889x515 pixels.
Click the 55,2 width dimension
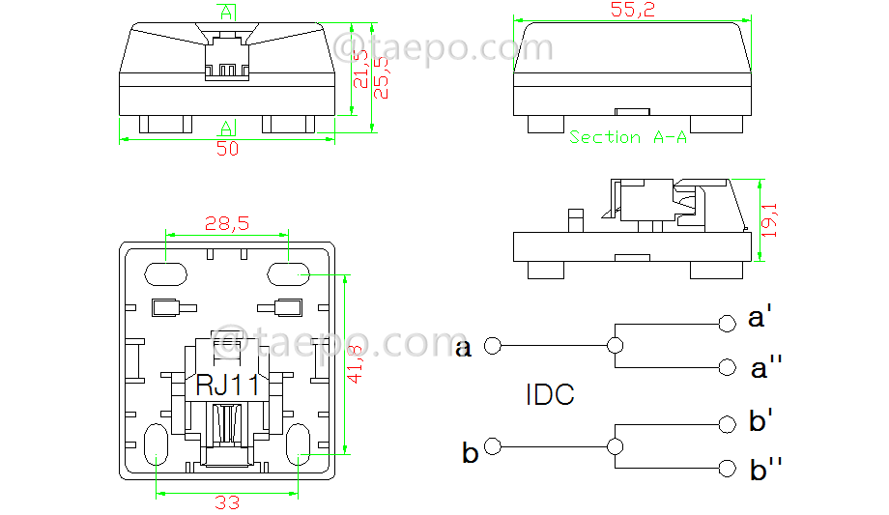click(633, 10)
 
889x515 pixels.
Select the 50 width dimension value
click(227, 150)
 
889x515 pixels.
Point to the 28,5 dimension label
click(227, 223)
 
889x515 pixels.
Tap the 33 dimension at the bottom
click(227, 502)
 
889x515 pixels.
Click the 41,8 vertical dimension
click(356, 363)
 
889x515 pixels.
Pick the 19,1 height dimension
click(772, 219)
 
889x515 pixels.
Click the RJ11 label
click(228, 385)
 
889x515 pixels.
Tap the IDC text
click(550, 395)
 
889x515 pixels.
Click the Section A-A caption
click(628, 137)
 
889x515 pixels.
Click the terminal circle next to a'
click(727, 322)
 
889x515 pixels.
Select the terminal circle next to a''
click(727, 366)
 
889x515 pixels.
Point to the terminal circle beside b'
click(727, 424)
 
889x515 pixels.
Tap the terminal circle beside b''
click(727, 468)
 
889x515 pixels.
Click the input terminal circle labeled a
click(492, 345)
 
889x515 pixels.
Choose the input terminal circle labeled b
click(493, 445)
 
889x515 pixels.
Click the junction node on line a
click(613, 345)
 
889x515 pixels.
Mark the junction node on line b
click(613, 446)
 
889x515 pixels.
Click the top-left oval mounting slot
click(166, 273)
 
